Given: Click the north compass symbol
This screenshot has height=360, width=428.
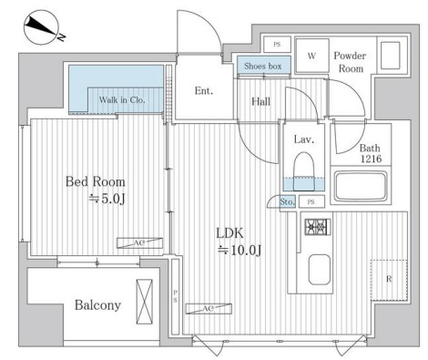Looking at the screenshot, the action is [42, 27].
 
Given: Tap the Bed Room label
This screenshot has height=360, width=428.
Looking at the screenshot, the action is [96, 181].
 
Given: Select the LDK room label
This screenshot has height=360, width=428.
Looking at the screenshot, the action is [229, 233].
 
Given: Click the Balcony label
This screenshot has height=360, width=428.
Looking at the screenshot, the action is [97, 305].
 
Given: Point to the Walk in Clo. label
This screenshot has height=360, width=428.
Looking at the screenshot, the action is [122, 99].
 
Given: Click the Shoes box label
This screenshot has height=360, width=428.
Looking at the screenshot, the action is [263, 66].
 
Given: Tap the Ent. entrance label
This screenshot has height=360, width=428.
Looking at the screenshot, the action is [204, 90].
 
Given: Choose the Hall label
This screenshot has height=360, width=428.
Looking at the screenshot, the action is [261, 101].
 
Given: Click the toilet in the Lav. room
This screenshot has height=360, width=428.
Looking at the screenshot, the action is [303, 171].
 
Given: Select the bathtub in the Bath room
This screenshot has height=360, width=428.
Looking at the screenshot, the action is [361, 187].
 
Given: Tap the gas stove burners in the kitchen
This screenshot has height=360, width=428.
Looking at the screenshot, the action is [318, 227].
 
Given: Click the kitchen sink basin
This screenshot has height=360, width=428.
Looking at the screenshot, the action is [320, 270].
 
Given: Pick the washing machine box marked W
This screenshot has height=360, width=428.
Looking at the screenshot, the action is [312, 56].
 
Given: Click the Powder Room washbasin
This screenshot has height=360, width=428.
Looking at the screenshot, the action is [390, 56].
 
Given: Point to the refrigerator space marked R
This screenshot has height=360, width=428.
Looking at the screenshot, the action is [389, 280].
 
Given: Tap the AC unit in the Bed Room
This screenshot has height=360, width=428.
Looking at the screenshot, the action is [139, 243].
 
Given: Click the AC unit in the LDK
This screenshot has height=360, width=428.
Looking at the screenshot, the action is [209, 309].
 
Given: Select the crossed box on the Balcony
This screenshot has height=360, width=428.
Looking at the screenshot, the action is [144, 302].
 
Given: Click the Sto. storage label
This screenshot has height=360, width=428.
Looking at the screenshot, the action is [287, 202].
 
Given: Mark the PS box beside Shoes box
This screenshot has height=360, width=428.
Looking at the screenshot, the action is [277, 45].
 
